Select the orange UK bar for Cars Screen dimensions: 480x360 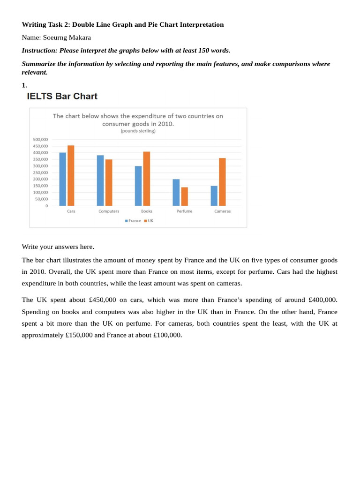click(71, 176)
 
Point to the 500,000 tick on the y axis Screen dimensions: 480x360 click(39, 140)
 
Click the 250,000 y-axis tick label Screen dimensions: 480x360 click(39, 172)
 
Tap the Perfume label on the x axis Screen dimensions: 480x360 click(184, 211)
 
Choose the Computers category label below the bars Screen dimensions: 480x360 click(109, 211)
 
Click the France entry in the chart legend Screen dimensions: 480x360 click(133, 221)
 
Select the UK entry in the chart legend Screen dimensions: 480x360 click(149, 221)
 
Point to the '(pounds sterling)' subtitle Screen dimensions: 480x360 click(138, 131)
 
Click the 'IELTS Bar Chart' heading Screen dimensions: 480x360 click(62, 97)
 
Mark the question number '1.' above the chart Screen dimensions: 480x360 click(24, 85)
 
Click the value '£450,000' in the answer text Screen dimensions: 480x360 click(102, 300)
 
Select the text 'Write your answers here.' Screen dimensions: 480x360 click(58, 247)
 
